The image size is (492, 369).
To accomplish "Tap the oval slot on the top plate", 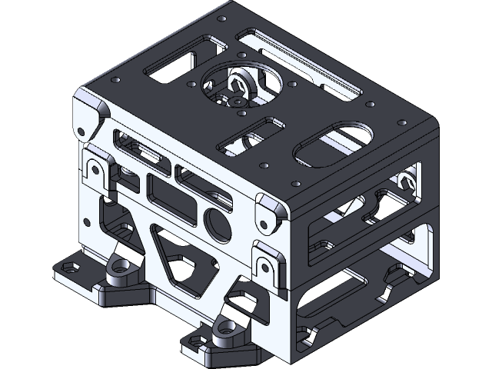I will tap(334, 143).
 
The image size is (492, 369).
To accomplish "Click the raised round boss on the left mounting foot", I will tap(120, 266).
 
